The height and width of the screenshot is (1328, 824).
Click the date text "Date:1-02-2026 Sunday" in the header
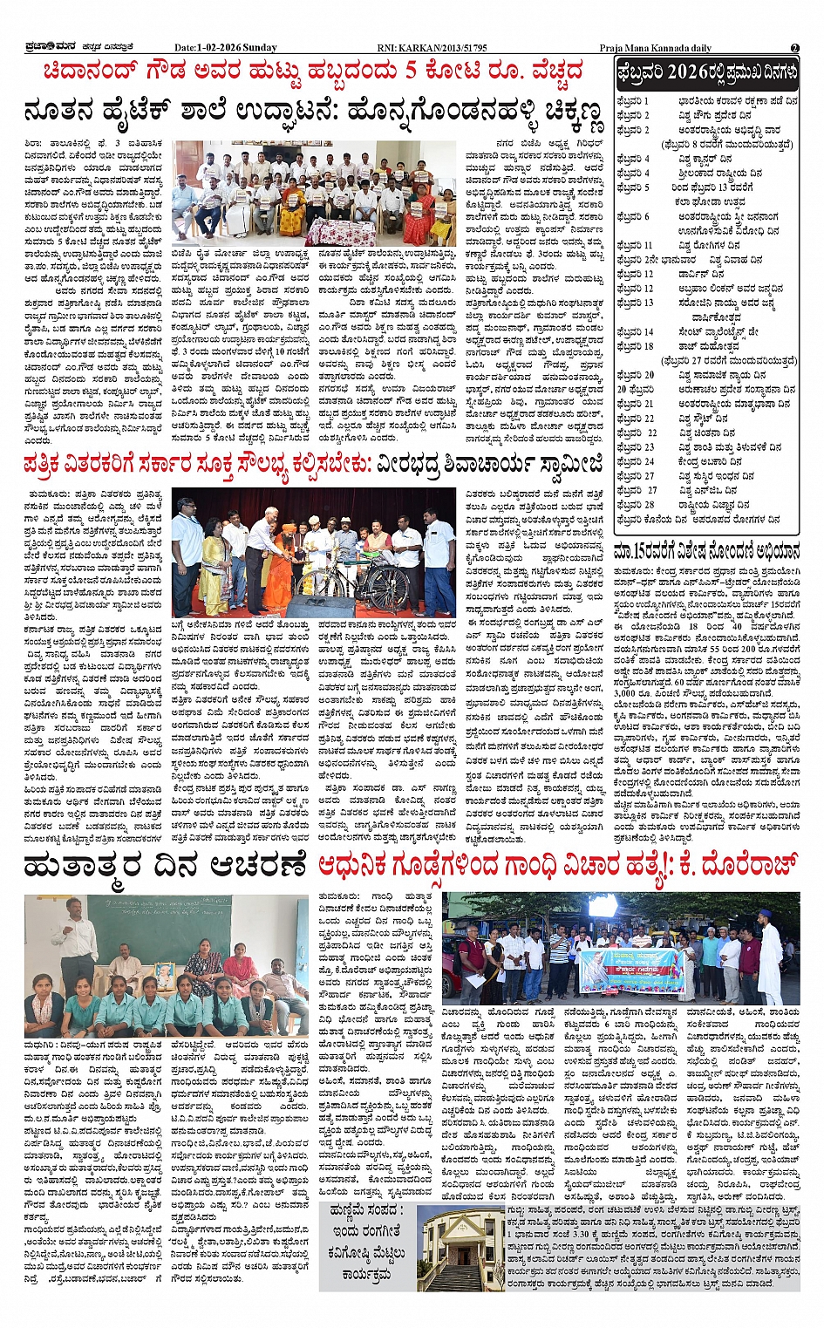225,48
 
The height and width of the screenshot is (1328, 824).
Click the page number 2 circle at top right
794,48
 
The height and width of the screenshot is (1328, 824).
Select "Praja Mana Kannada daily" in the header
655,48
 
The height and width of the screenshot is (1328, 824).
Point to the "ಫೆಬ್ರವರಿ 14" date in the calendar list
635,332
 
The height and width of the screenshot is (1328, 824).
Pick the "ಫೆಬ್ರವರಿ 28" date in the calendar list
635,505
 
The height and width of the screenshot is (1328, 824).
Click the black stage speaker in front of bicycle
320,605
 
